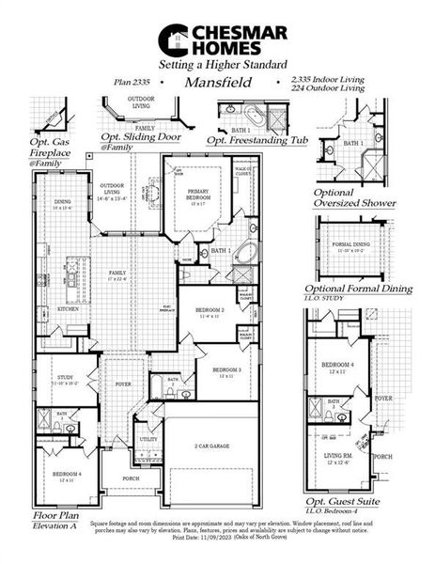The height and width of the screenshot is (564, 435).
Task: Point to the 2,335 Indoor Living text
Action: point(323,80)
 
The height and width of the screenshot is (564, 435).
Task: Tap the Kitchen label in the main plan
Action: point(68,308)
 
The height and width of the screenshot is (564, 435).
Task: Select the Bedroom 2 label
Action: point(211,310)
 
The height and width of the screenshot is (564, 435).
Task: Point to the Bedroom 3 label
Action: point(226,370)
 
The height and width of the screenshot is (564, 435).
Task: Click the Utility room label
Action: point(148,439)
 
